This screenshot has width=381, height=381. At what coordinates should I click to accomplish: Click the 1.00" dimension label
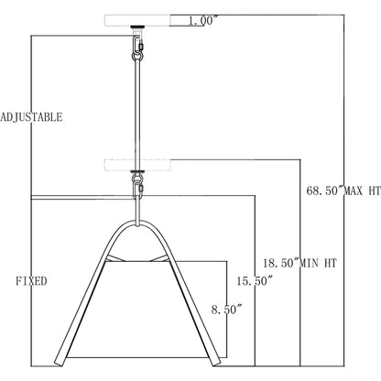tap(203, 21)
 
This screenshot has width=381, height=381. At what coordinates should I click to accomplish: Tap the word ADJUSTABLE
tap(31, 117)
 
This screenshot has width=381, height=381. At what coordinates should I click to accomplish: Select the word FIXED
tap(31, 281)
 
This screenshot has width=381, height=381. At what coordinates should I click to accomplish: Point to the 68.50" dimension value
tap(325, 191)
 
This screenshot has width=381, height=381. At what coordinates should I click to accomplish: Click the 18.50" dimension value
tap(281, 263)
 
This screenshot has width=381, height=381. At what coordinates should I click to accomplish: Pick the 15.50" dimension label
tap(255, 281)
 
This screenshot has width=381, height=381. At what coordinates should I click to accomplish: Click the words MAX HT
tap(363, 191)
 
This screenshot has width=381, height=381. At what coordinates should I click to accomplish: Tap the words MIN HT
tap(319, 263)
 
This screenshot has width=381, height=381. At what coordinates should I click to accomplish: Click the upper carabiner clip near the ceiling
tap(138, 44)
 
